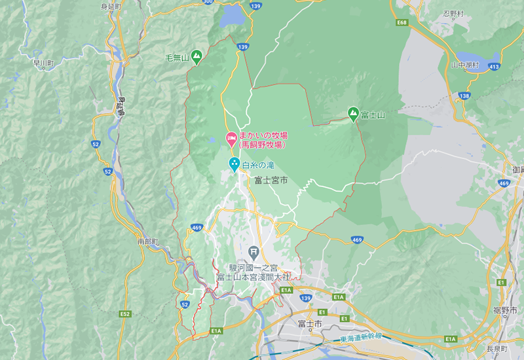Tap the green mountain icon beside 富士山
pos(354,114)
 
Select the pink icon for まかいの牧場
pos(231,138)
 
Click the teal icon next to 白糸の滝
pos(233,164)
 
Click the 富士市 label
pos(309,324)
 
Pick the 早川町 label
pos(43,63)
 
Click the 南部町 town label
pos(148,242)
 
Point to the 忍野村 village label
pos(453,13)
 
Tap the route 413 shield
pos(494,67)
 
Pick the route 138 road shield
pos(464,96)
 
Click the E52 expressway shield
pos(125,314)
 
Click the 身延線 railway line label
pos(121,107)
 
